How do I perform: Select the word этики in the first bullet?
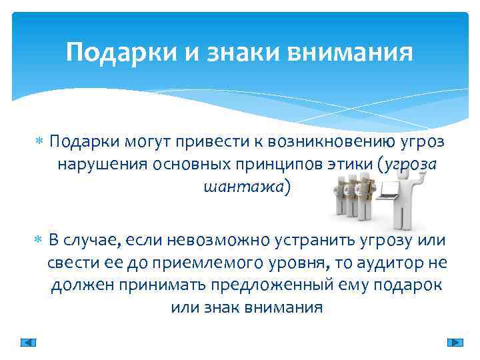[x=351, y=165]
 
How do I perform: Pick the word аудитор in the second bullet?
[x=391, y=263]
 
